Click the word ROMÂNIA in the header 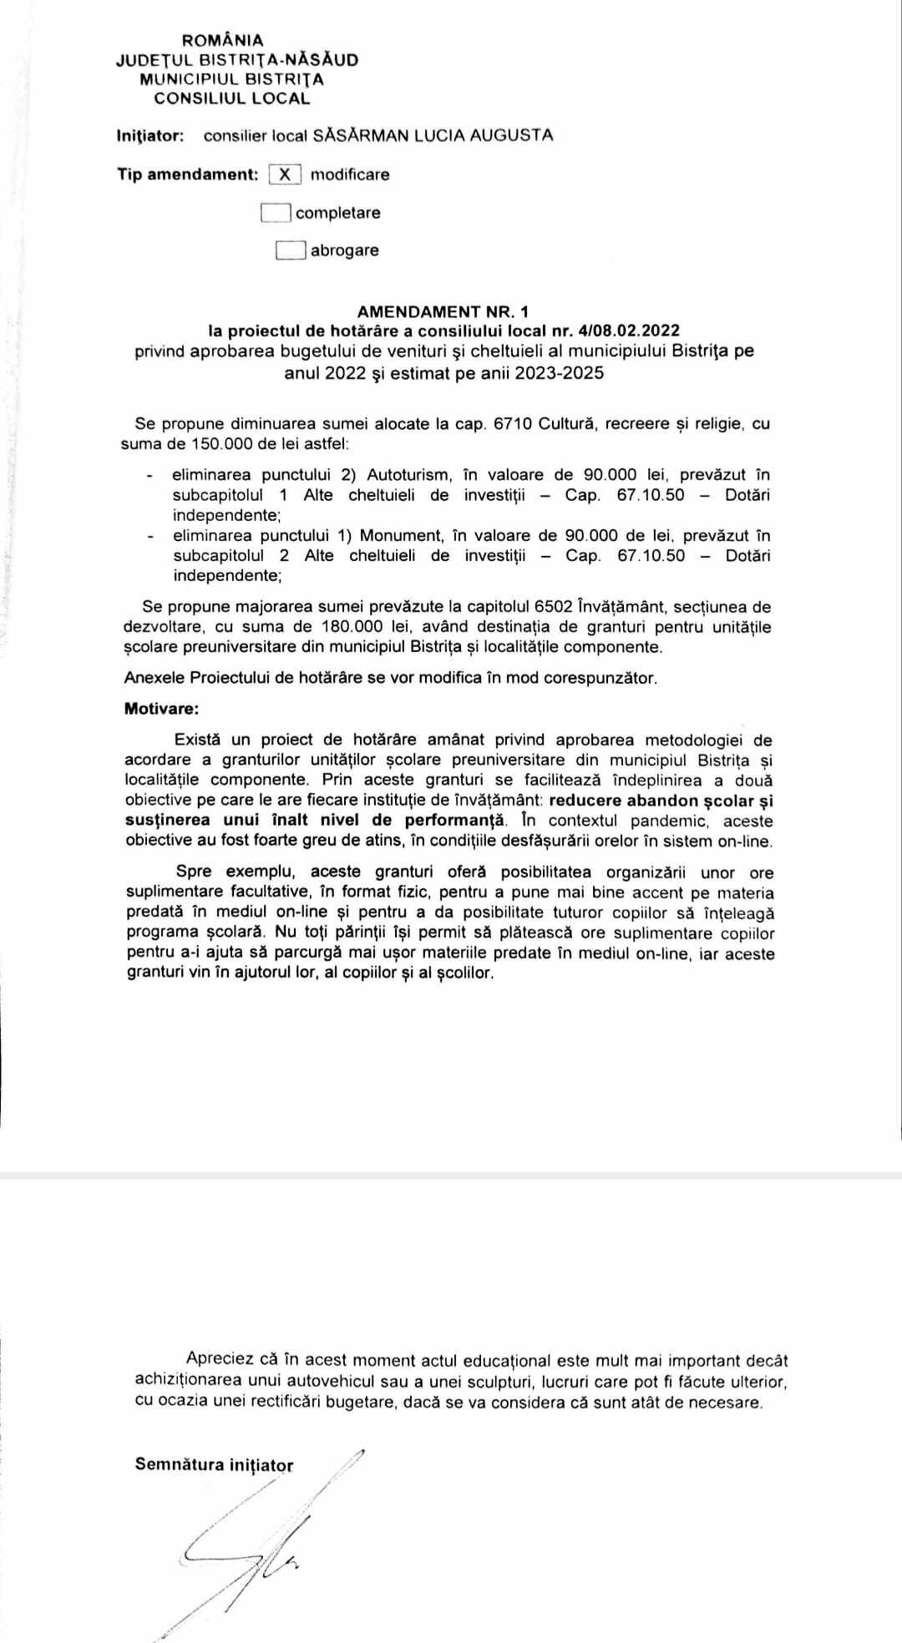click(x=222, y=40)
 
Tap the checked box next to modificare click(x=285, y=174)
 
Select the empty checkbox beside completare click(x=276, y=213)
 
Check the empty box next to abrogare click(x=290, y=250)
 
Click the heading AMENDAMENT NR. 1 click(x=443, y=311)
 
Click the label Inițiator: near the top click(x=150, y=135)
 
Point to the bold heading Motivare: click(x=162, y=709)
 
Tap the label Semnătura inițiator click(x=214, y=1464)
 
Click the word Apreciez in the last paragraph click(x=221, y=1360)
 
